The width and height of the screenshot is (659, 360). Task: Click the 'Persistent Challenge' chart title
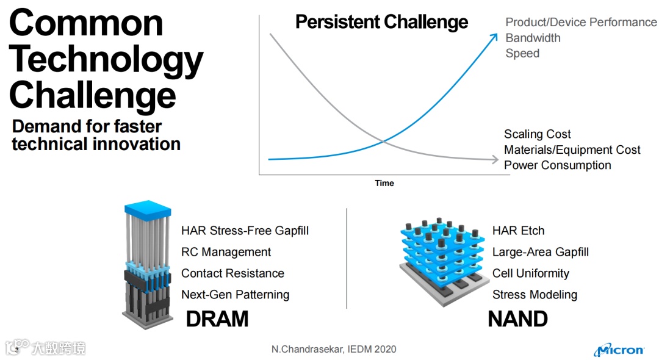pyautogui.click(x=381, y=22)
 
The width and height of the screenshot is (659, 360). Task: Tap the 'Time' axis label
pyautogui.click(x=384, y=183)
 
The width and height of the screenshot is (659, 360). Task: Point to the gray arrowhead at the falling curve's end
pyautogui.click(x=495, y=159)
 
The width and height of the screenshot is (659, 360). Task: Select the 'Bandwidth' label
pyautogui.click(x=533, y=38)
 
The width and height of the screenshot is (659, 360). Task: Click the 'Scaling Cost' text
pyautogui.click(x=537, y=134)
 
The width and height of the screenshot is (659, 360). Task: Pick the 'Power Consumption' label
pyautogui.click(x=557, y=165)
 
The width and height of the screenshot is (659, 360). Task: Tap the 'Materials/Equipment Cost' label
pyautogui.click(x=572, y=149)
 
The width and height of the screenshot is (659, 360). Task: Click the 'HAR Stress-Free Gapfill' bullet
pyautogui.click(x=245, y=231)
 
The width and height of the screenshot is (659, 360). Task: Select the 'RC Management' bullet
pyautogui.click(x=226, y=252)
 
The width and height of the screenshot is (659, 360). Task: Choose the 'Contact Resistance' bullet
pyautogui.click(x=233, y=273)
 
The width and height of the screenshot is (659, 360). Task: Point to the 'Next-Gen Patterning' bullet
pyautogui.click(x=236, y=295)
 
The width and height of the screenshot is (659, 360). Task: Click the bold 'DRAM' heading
pyautogui.click(x=217, y=319)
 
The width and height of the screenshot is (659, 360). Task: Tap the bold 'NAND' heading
pyautogui.click(x=518, y=319)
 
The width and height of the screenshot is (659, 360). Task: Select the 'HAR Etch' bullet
pyautogui.click(x=518, y=231)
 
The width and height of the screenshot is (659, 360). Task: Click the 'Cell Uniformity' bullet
pyautogui.click(x=531, y=273)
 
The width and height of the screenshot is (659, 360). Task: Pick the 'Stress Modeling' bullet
pyautogui.click(x=535, y=295)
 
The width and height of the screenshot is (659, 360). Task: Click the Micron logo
pyautogui.click(x=619, y=350)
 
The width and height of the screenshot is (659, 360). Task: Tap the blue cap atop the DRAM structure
pyautogui.click(x=148, y=210)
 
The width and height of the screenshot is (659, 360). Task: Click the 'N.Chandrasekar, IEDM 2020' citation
pyautogui.click(x=334, y=349)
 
